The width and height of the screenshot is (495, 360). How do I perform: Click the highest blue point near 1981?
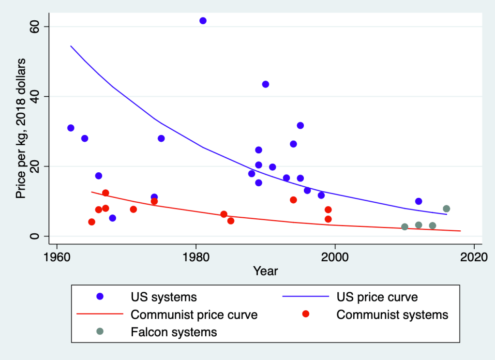(x=203, y=21)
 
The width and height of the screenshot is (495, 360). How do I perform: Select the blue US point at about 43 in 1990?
(x=265, y=84)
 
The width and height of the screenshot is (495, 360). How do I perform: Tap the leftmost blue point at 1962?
(x=71, y=128)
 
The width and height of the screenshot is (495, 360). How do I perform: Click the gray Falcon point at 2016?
(x=446, y=209)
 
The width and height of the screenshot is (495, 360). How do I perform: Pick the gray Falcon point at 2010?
(x=405, y=226)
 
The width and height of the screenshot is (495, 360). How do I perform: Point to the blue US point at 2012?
(x=419, y=201)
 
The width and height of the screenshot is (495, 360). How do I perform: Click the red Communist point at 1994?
(x=293, y=200)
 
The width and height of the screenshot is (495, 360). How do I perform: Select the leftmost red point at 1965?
(x=91, y=222)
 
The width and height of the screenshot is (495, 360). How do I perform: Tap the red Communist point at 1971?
(x=133, y=210)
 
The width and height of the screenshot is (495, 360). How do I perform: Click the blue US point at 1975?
(x=161, y=138)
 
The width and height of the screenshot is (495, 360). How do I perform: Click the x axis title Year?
(x=266, y=271)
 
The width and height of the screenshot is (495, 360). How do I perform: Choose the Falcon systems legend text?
(x=174, y=332)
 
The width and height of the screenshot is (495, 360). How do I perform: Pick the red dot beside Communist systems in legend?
(x=305, y=315)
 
